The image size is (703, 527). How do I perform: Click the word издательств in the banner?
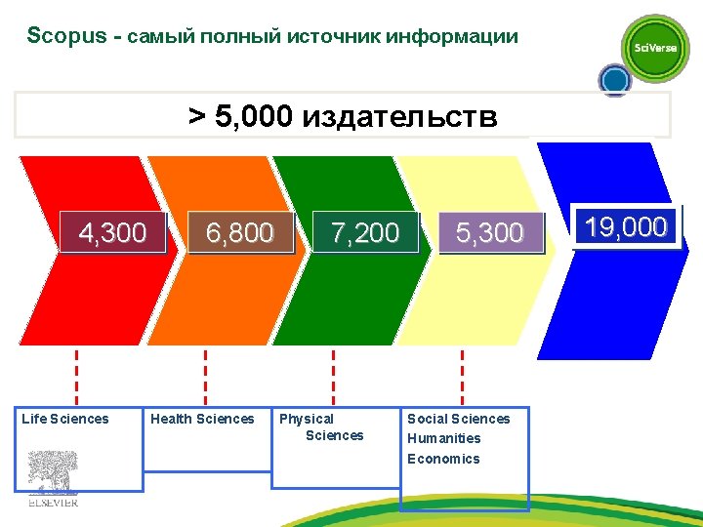point(399,118)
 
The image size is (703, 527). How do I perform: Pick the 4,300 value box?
point(112,232)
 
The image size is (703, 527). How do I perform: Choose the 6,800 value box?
point(239,232)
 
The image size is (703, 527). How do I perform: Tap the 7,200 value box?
point(365,232)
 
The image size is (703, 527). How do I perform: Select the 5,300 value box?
point(490,232)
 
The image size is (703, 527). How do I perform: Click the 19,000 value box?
point(625,228)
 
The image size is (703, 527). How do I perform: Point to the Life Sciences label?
point(65,419)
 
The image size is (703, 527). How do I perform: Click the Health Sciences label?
point(202,419)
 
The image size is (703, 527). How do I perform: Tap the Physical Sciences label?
point(321,427)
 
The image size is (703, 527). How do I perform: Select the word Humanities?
point(444,438)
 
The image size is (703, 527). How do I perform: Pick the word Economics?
point(443,459)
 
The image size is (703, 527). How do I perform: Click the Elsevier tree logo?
point(52,477)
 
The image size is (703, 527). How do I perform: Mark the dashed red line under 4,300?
point(77,376)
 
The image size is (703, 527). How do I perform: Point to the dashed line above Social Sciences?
point(462,376)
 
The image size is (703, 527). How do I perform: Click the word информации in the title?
point(452,37)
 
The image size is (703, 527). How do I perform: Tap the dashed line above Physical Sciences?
point(334,376)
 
